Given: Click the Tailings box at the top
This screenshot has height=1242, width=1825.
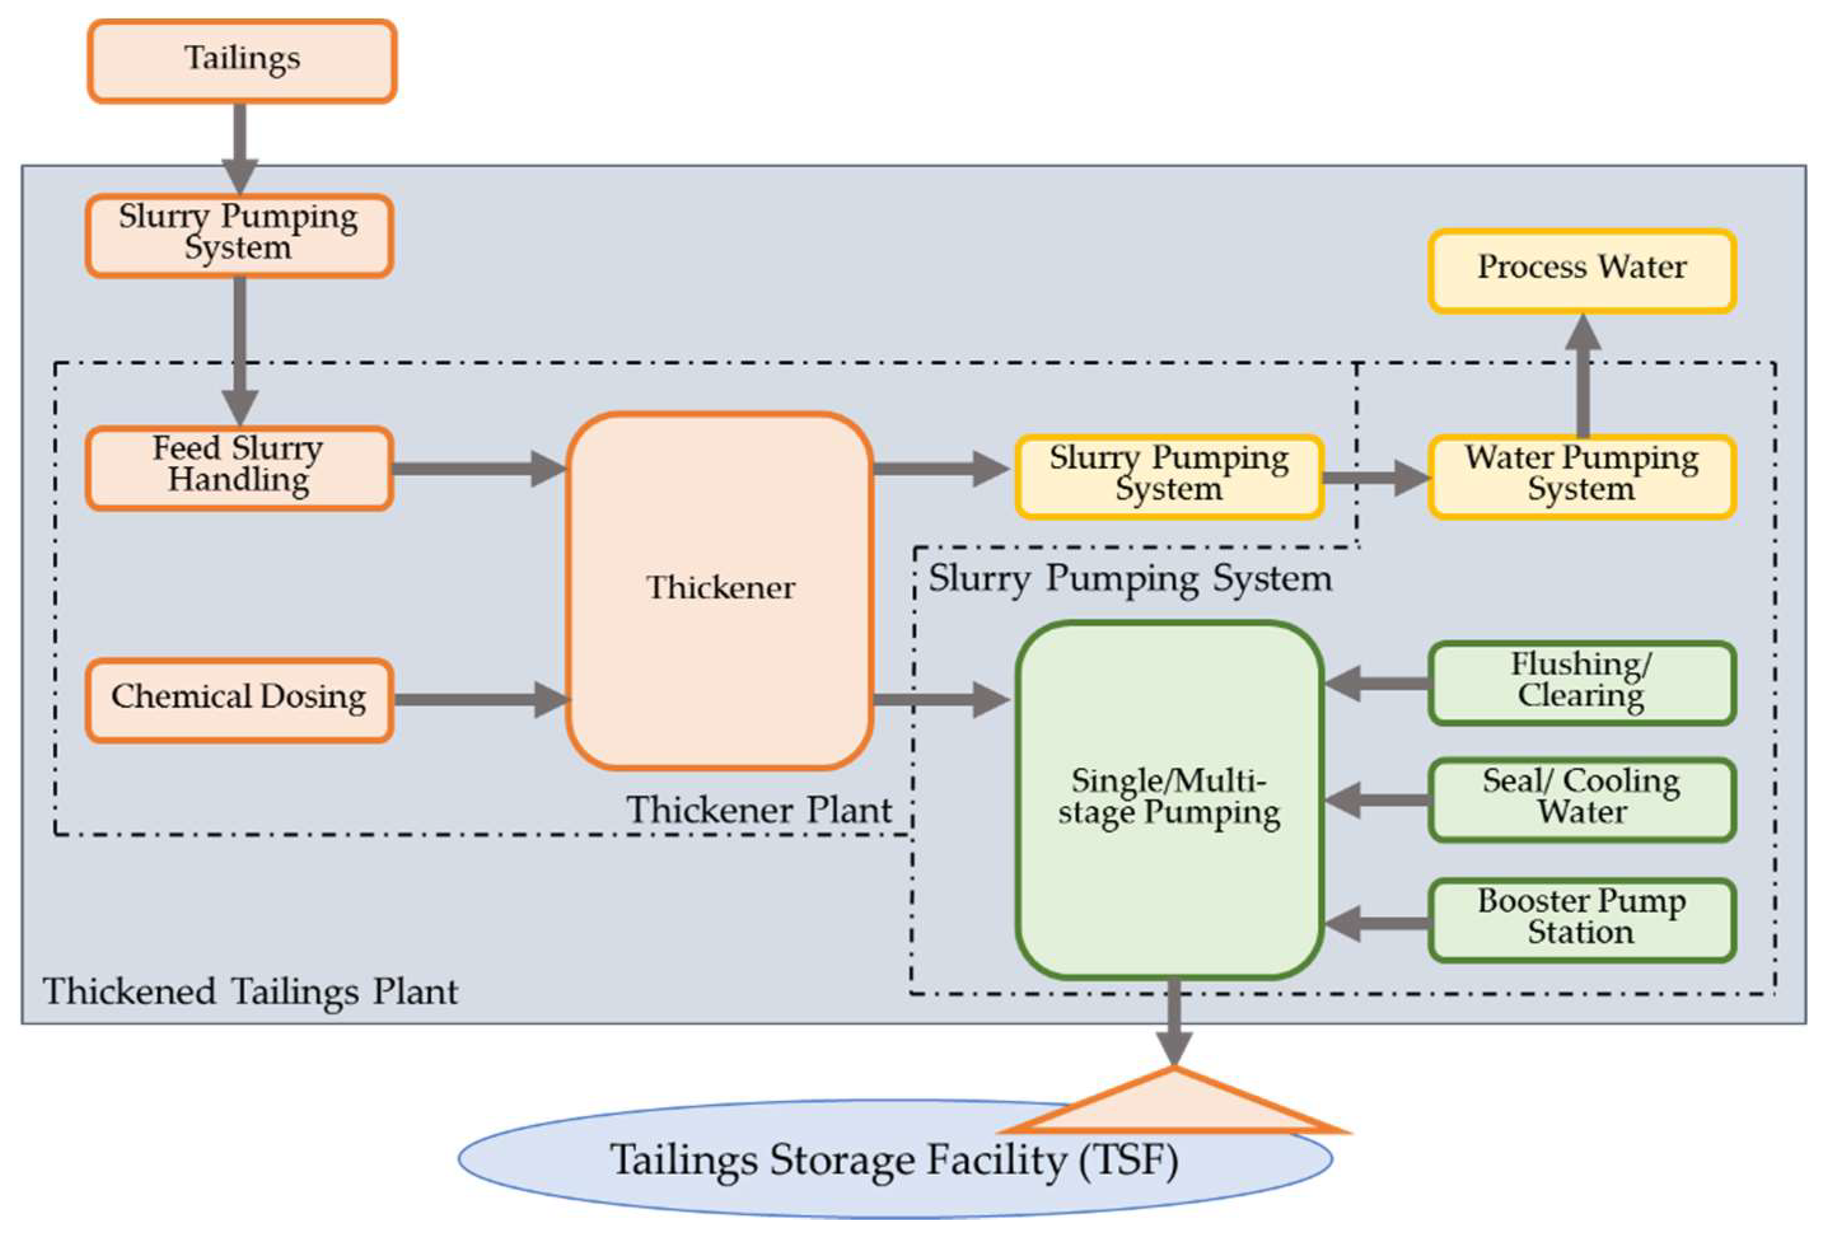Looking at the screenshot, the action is (x=242, y=61).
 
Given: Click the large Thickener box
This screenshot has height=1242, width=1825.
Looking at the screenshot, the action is (x=719, y=590).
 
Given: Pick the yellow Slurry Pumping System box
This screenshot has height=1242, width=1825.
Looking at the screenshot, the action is (x=1169, y=476).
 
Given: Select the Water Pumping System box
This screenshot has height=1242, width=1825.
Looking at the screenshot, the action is (x=1581, y=476).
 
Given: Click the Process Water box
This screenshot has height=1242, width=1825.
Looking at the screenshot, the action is (x=1581, y=271).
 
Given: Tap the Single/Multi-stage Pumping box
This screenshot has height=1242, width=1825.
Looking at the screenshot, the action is (x=1169, y=799).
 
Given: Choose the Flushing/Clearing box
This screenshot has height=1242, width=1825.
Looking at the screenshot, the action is (x=1581, y=682).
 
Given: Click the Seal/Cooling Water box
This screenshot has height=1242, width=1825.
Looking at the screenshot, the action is (x=1581, y=799).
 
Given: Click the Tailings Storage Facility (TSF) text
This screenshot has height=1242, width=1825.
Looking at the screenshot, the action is (x=894, y=1161).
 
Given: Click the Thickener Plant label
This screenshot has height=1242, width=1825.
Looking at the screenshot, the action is (x=760, y=810).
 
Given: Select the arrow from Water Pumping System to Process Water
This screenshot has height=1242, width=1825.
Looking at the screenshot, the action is (x=1583, y=375).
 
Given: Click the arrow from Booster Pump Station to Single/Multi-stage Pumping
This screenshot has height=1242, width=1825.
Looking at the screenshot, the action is (x=1377, y=923).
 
